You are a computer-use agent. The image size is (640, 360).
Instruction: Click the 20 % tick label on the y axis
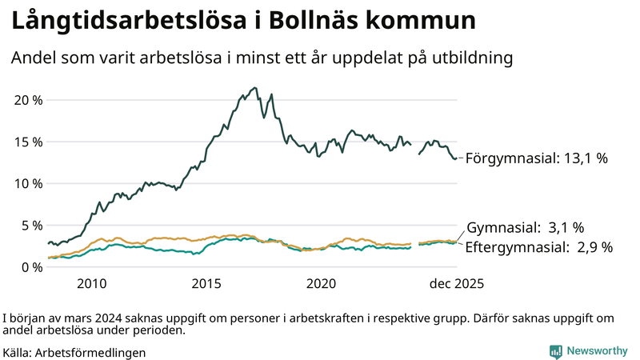(x=27, y=100)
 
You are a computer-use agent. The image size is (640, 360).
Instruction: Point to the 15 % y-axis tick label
(x=27, y=142)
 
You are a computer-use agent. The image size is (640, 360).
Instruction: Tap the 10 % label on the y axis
(x=27, y=183)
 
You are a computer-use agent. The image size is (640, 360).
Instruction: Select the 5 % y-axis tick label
(x=31, y=225)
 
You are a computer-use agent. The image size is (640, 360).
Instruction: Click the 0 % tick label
(x=31, y=266)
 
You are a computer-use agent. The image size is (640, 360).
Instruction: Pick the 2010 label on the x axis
(x=91, y=283)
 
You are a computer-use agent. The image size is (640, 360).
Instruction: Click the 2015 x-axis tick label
(x=206, y=283)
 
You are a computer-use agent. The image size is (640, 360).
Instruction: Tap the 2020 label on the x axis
(x=322, y=283)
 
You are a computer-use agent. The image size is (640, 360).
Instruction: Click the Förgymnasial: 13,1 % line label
(x=536, y=158)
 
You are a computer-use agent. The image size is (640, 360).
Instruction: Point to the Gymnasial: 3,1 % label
(x=525, y=228)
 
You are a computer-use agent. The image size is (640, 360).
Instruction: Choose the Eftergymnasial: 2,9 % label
(x=538, y=247)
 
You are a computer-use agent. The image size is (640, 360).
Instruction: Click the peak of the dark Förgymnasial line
(x=254, y=88)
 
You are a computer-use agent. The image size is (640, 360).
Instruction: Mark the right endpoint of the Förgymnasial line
(x=457, y=158)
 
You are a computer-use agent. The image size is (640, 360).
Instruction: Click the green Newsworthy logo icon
(x=555, y=350)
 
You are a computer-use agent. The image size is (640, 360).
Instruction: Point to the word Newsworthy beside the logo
(x=598, y=350)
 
